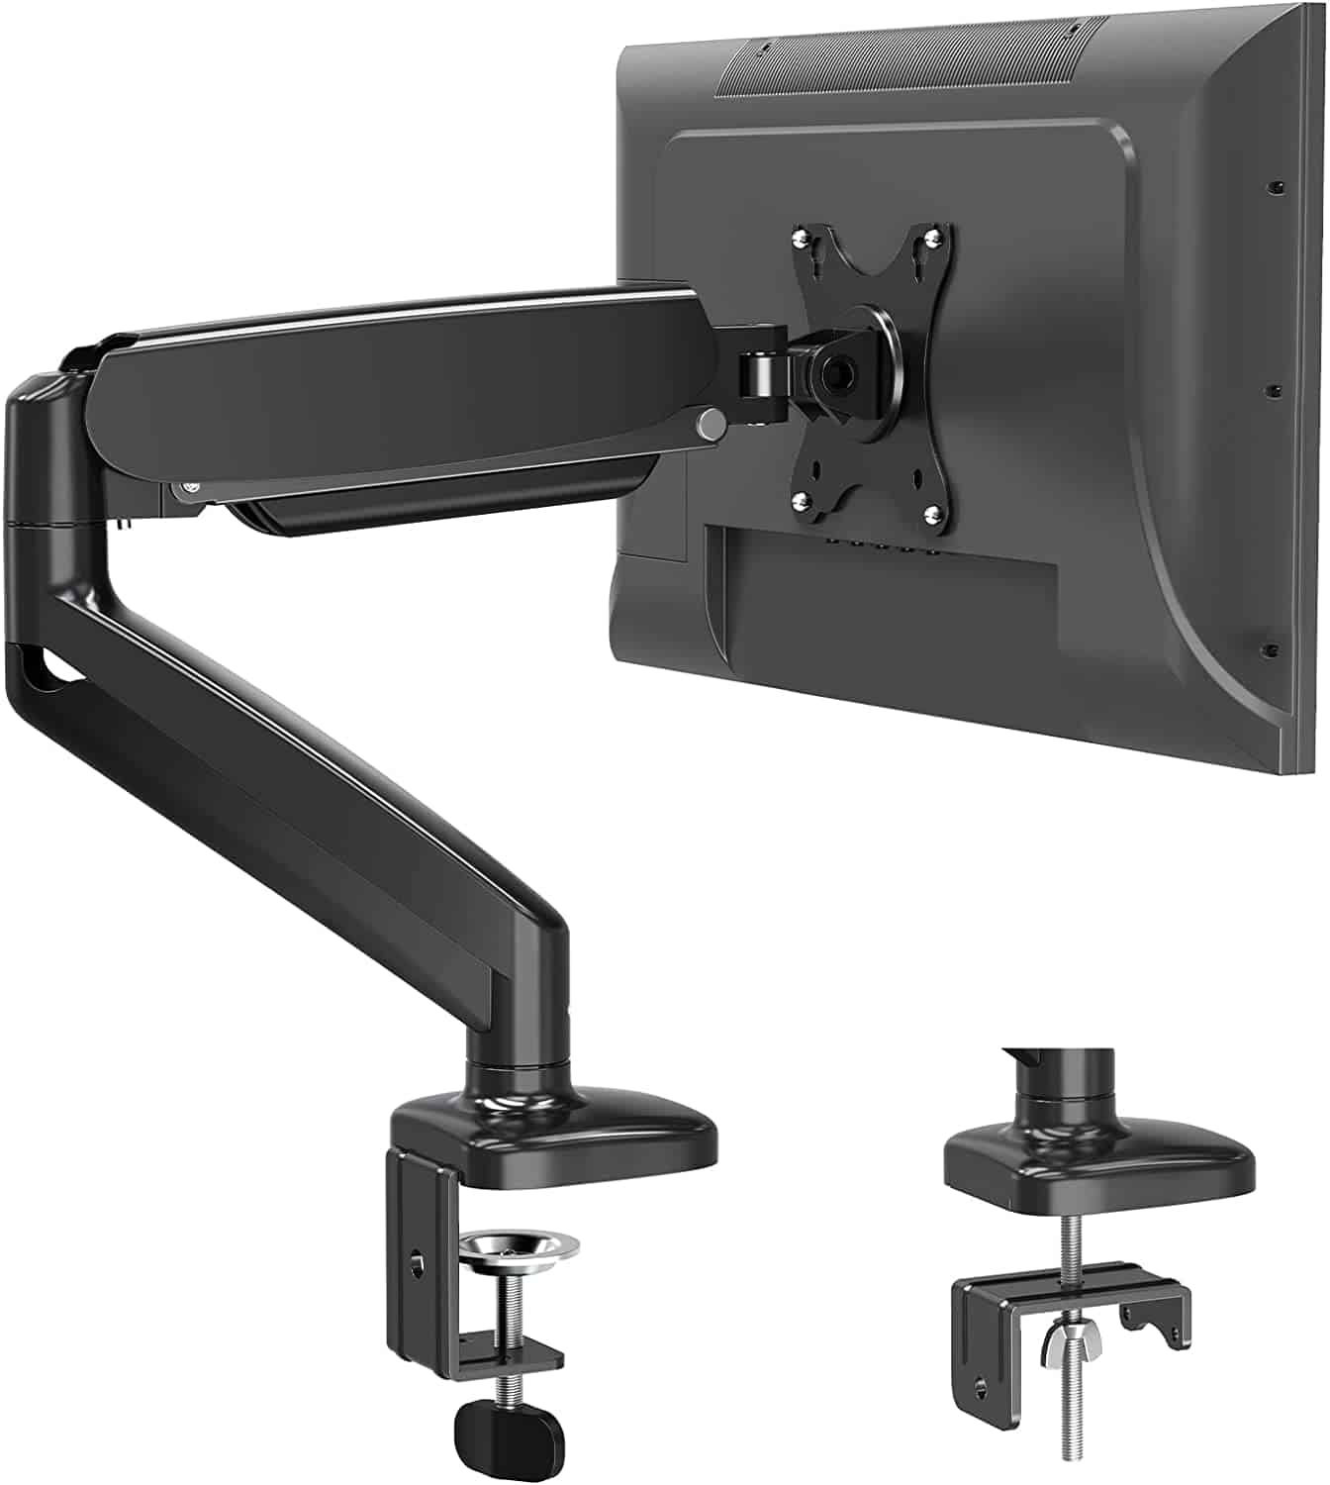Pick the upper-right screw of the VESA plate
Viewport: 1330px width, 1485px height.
point(930,236)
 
